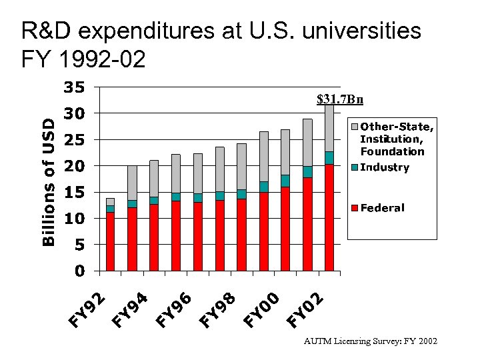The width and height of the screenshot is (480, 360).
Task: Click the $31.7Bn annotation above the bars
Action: (340, 100)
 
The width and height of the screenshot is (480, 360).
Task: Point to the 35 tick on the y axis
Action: (74, 87)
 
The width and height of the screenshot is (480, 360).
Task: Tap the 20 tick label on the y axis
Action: (74, 166)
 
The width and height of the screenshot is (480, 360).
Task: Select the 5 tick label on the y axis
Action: (79, 245)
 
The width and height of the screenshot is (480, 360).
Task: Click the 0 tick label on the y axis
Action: (79, 271)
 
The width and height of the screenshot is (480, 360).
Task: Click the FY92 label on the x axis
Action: (87, 311)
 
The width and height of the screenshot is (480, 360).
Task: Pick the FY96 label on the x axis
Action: (174, 311)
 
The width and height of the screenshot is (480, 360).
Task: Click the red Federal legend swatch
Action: (355, 208)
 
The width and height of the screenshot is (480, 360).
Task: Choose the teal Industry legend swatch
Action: (355, 167)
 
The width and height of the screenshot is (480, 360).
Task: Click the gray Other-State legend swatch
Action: (355, 127)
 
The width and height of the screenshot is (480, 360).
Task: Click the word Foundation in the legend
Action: (392, 151)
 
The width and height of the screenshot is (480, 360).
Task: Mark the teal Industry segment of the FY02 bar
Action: (329, 157)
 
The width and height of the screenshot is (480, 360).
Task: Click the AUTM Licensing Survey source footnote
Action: (371, 341)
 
